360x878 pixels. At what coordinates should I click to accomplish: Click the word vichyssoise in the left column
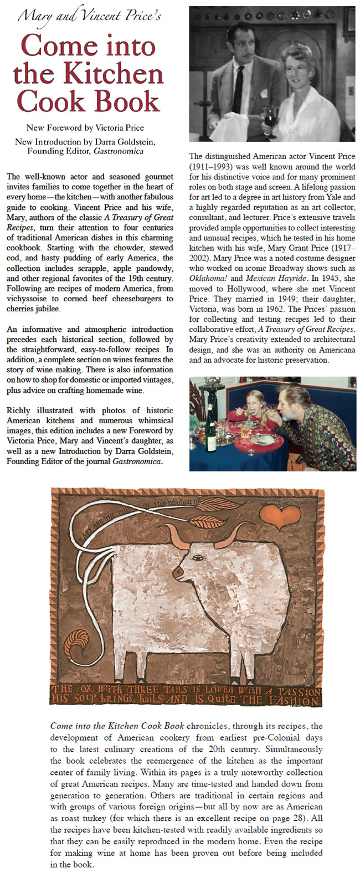(28, 299)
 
